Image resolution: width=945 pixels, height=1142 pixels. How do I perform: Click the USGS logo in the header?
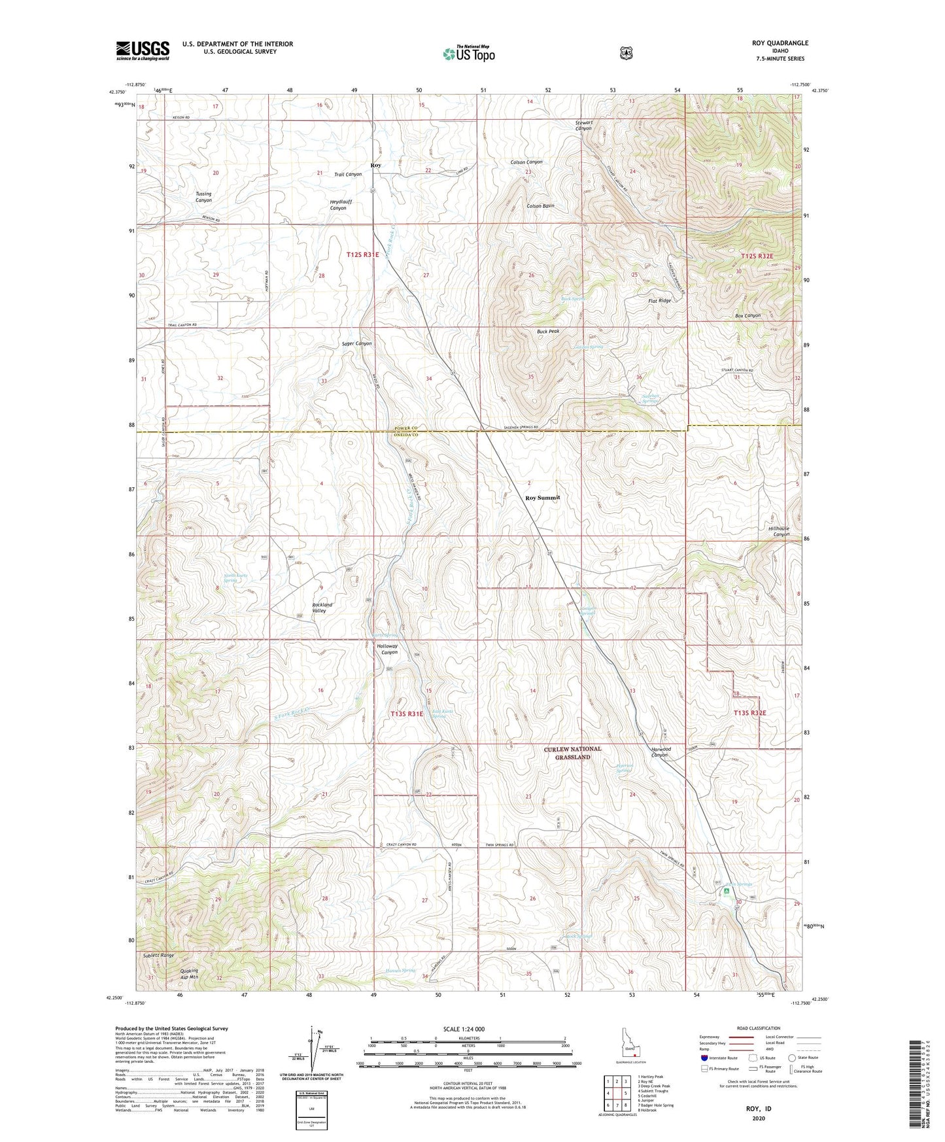(143, 50)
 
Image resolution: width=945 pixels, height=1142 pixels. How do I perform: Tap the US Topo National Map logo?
(468, 54)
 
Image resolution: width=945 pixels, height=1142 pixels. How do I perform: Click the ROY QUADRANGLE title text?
(780, 43)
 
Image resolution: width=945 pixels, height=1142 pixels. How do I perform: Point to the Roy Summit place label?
(543, 498)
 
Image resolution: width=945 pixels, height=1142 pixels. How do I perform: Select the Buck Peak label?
(548, 332)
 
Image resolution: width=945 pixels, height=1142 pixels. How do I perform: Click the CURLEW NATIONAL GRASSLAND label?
(572, 753)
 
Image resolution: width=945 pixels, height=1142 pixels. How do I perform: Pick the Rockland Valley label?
(322, 608)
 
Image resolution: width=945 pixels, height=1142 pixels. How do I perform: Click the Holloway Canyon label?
(387, 649)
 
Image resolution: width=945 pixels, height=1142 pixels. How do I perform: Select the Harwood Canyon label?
(660, 752)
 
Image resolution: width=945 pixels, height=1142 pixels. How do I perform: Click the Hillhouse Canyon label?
(778, 531)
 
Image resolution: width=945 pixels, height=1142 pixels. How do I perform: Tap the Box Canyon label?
(747, 316)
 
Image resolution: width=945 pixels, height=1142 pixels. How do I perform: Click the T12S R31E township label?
(362, 254)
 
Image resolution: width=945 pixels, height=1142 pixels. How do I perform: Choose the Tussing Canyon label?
(203, 197)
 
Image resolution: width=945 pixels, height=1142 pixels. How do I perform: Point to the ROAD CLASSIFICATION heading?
(757, 1028)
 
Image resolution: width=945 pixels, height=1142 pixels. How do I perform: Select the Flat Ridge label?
(659, 301)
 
